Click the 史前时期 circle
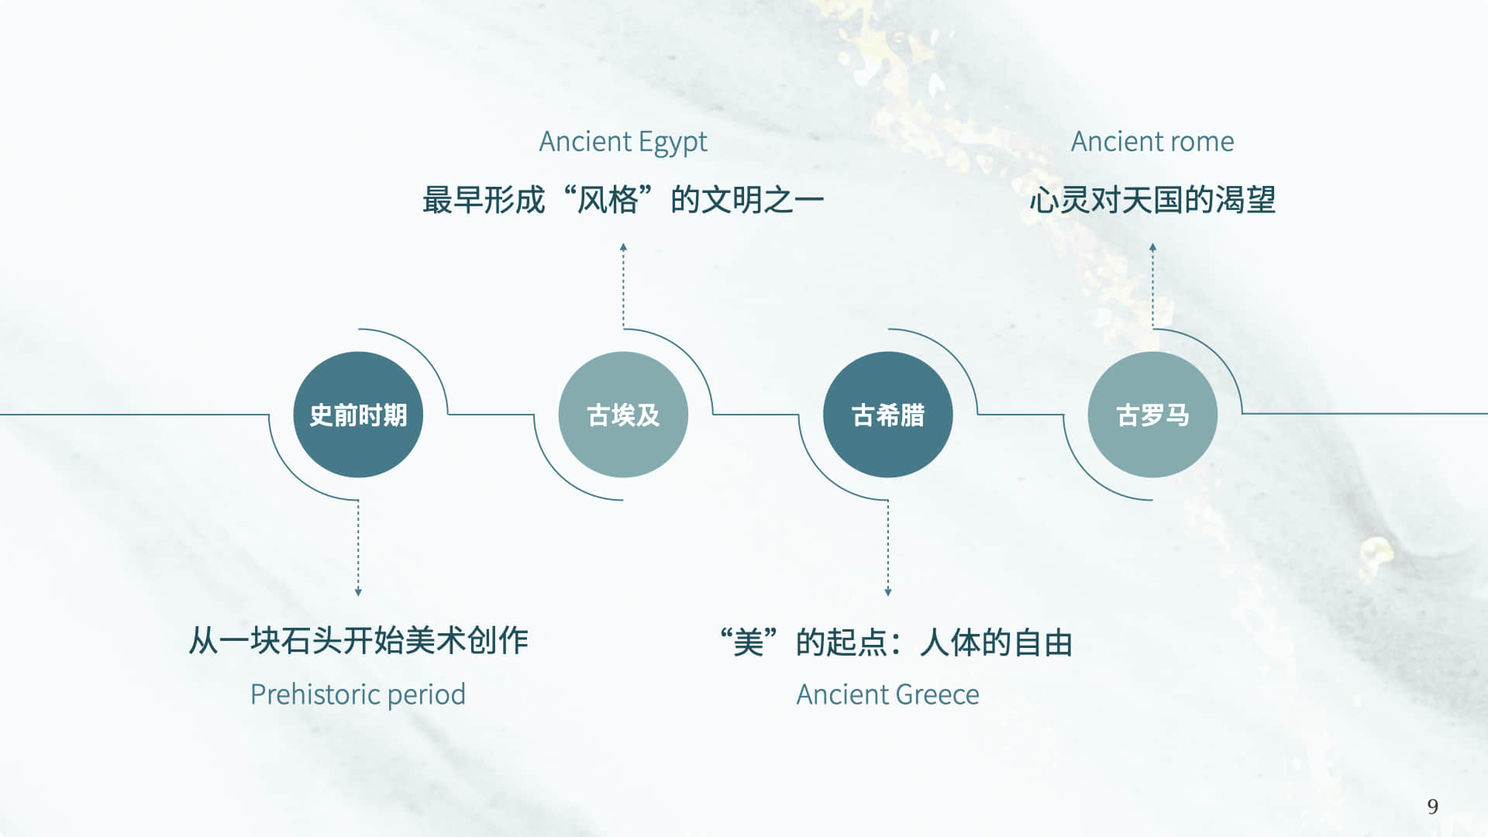(x=358, y=415)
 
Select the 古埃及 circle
(x=623, y=415)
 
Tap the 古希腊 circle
(x=888, y=415)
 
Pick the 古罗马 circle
(x=1152, y=415)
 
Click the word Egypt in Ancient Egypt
(x=673, y=143)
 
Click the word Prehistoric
(x=315, y=694)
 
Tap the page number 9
(x=1432, y=807)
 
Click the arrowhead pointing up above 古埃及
(x=623, y=247)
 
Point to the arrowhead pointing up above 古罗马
(x=1152, y=247)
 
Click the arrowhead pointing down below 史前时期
(x=358, y=592)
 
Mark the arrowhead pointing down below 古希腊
(x=888, y=592)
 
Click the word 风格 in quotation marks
(x=608, y=200)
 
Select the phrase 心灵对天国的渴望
(x=1152, y=200)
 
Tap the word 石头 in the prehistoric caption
(x=296, y=641)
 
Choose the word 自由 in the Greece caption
(x=1042, y=642)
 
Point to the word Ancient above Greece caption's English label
(x=834, y=694)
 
